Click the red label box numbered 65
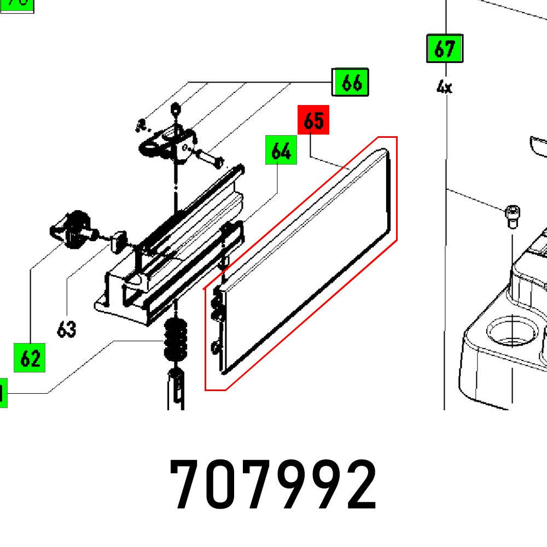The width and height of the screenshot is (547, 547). tap(313, 120)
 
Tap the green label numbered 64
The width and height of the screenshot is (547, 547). tap(281, 150)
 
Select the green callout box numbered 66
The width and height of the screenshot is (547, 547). tap(351, 83)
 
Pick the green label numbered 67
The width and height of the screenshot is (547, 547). tap(444, 49)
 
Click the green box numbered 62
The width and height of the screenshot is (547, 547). tap(30, 358)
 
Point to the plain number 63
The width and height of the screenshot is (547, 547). tap(66, 329)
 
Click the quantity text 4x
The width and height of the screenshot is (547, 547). tap(444, 86)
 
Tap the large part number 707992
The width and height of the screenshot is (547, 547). tap(273, 485)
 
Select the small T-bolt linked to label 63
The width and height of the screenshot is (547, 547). tap(117, 240)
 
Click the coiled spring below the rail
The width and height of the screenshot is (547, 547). tap(175, 339)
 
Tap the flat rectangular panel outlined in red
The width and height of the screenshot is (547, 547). tap(306, 263)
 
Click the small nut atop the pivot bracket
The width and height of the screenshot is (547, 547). tap(175, 108)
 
